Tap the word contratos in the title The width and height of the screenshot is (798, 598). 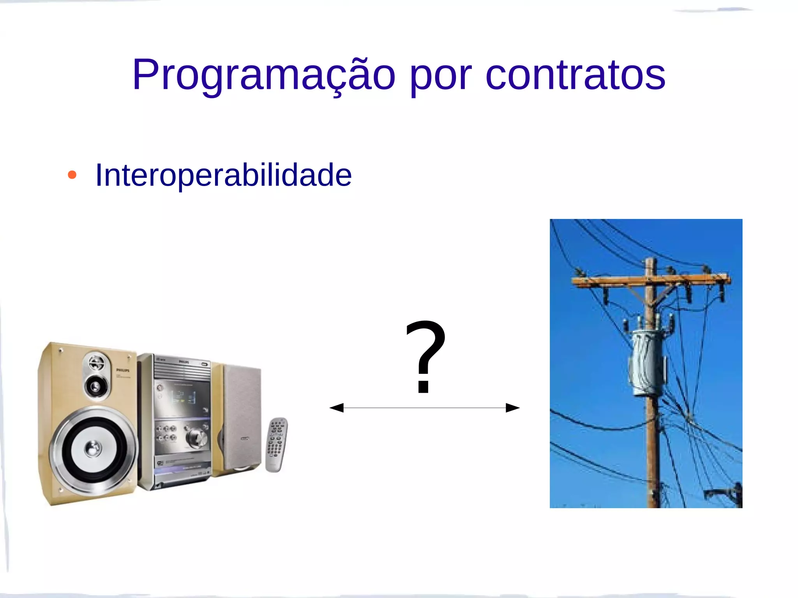575,75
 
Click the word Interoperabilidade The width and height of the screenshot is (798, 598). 223,175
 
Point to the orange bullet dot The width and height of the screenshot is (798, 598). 72,175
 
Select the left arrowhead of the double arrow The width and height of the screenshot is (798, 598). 337,408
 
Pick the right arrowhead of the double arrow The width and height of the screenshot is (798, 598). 512,408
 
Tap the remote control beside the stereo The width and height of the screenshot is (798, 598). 276,444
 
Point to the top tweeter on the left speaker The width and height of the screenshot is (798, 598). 95,363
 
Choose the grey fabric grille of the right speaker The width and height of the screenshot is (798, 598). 242,413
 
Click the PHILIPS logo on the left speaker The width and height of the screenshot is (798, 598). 123,370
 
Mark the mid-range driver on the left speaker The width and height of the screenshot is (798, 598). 95,387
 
